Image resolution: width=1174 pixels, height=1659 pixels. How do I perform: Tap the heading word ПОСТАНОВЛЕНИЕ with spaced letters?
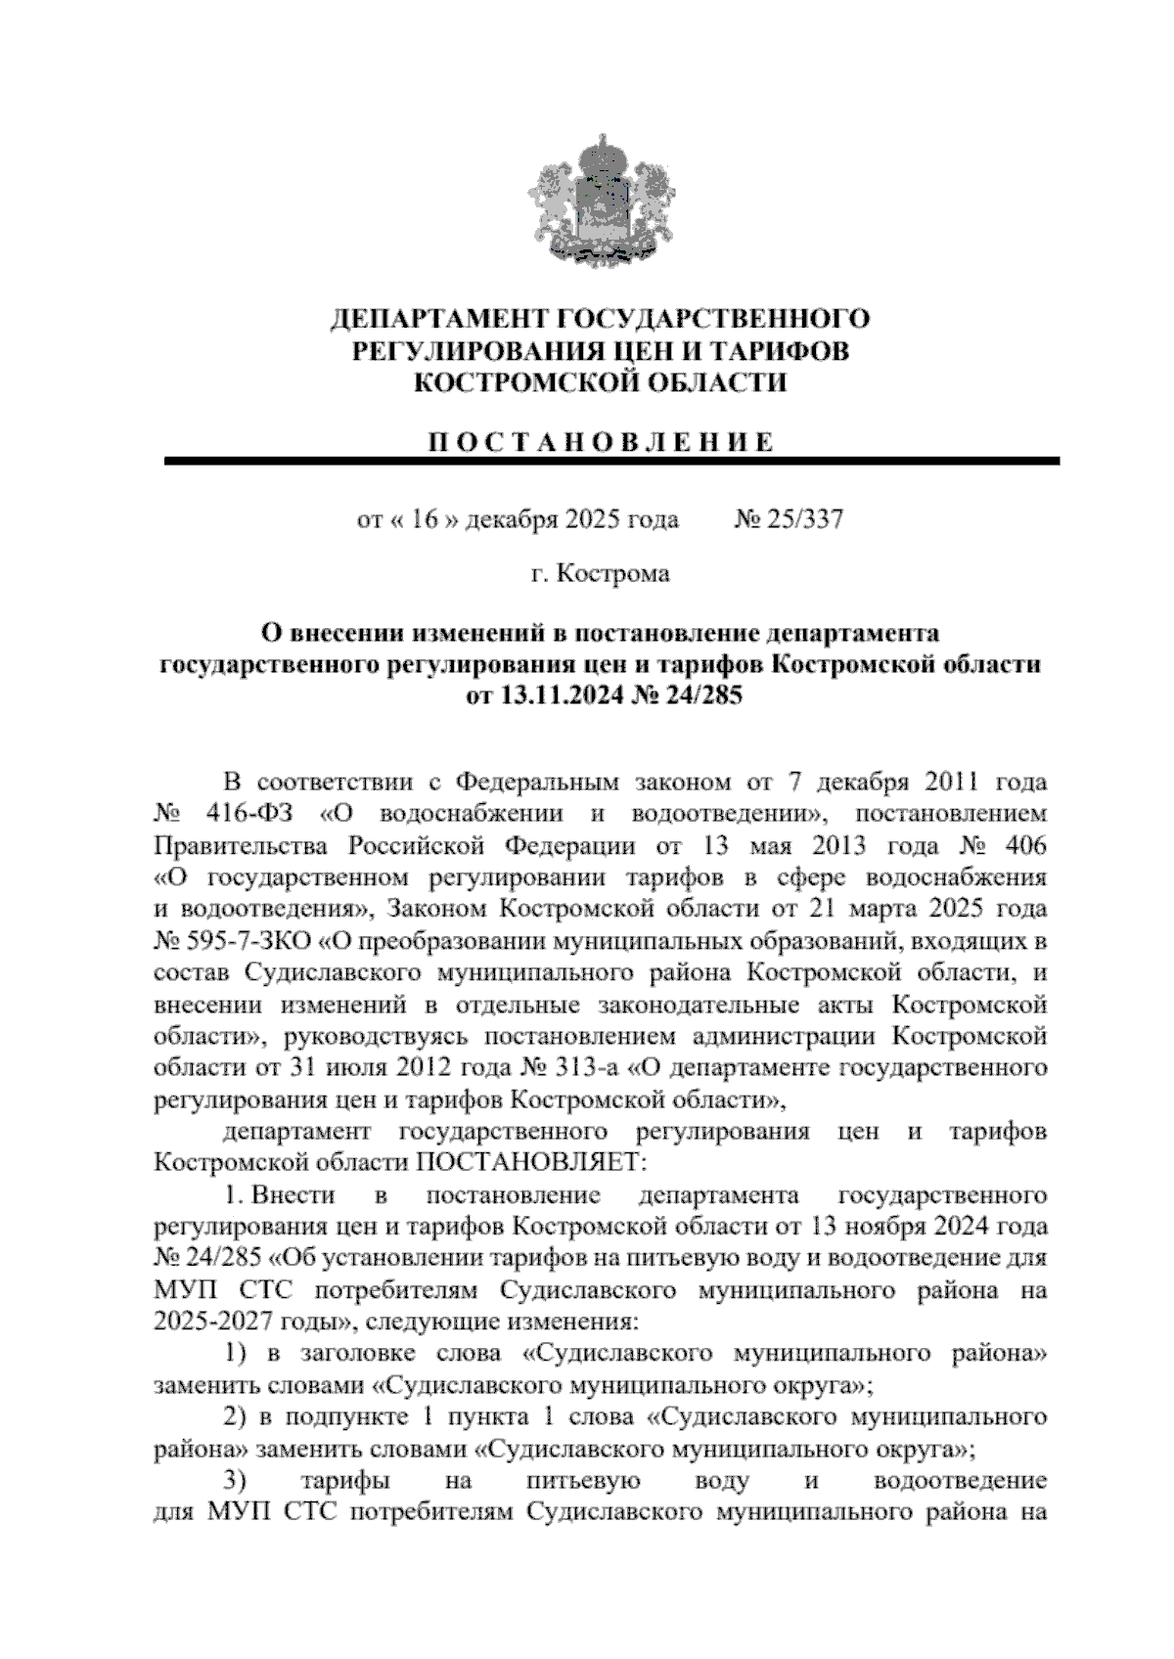[600, 441]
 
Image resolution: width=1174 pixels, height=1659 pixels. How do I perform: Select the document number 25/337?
[805, 518]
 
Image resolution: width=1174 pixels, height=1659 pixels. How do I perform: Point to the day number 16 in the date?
[426, 518]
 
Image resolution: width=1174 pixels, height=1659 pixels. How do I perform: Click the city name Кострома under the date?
[613, 573]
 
